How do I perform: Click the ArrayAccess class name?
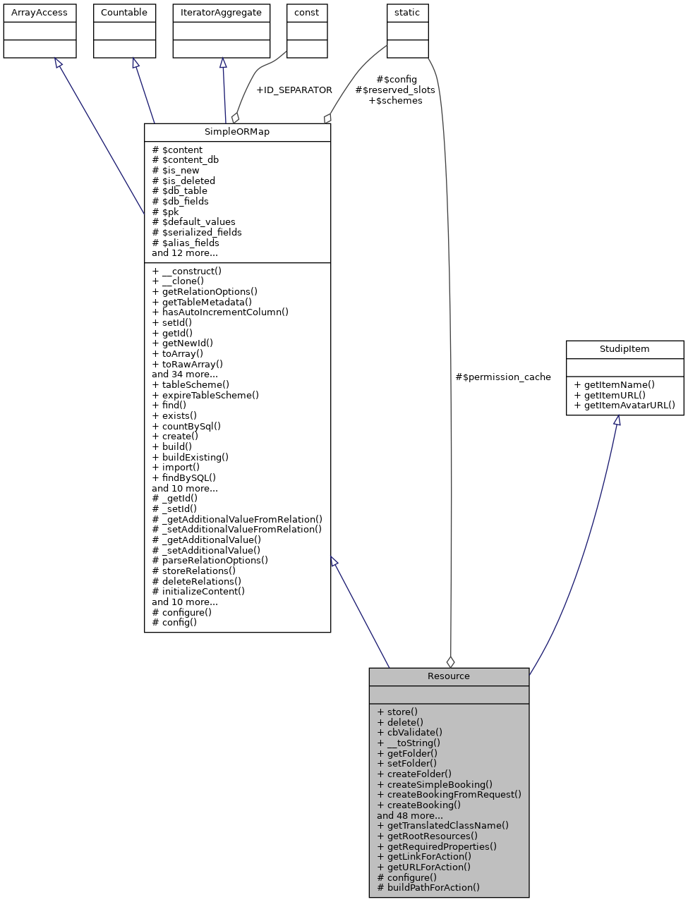tap(40, 13)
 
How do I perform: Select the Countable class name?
tap(124, 13)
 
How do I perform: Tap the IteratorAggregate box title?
tap(221, 13)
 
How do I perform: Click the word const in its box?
tap(306, 13)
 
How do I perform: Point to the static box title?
tap(407, 13)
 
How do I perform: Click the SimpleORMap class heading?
tap(237, 132)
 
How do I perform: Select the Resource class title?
tap(448, 676)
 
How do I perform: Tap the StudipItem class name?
tap(624, 349)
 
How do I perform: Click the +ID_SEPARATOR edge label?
tap(294, 90)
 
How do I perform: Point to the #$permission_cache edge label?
tap(502, 377)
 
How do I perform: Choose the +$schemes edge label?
tap(395, 101)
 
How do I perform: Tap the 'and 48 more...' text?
tap(410, 815)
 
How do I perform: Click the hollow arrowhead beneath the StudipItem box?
tap(617, 420)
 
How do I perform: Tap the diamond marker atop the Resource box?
tap(450, 662)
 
